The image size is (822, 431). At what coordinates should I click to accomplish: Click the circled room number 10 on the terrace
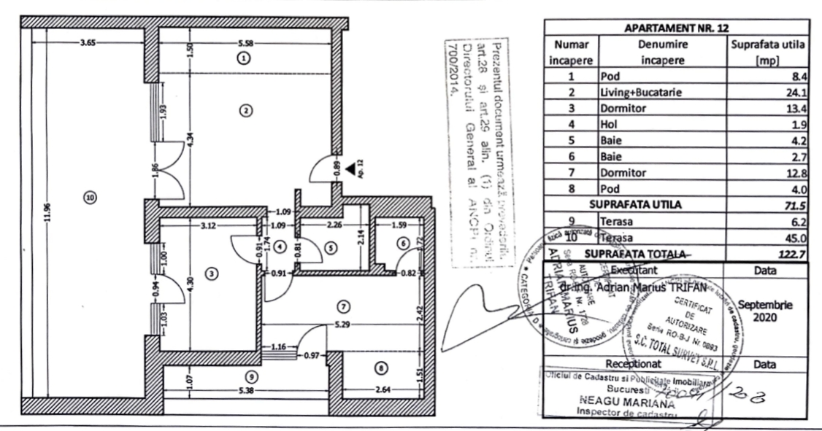[x=90, y=197]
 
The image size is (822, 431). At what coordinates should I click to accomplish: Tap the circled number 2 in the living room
[x=246, y=110]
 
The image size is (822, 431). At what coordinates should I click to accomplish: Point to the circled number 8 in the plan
[x=378, y=366]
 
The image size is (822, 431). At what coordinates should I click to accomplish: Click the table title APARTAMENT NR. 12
[x=676, y=28]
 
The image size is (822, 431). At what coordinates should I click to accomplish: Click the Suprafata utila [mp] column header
[x=767, y=52]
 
